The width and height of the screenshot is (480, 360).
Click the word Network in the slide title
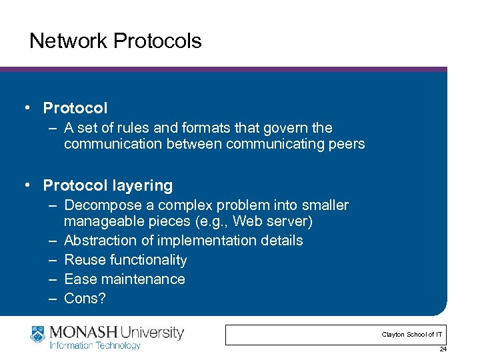coord(68,41)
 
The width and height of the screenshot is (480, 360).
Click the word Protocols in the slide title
coord(157,41)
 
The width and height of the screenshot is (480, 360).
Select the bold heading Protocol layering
coord(107,185)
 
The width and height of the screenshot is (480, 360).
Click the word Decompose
coord(104,205)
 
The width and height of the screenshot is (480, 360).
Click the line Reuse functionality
coord(125,260)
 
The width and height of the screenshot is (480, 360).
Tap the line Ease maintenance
coord(125,279)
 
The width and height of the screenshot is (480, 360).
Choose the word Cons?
coord(85,299)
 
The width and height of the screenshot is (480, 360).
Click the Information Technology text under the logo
coord(94,345)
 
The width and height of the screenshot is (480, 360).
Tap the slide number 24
coord(443,349)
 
